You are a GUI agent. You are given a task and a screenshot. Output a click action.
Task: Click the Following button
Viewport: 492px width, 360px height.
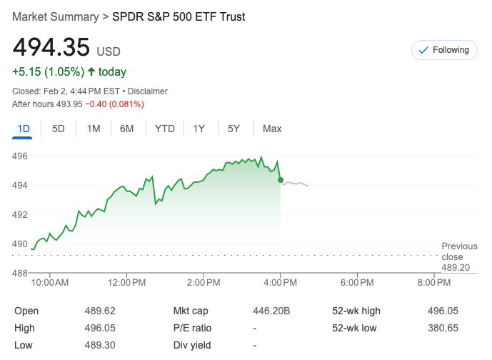click(x=443, y=50)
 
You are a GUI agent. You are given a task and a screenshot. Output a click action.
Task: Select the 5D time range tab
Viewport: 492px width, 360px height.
click(x=59, y=129)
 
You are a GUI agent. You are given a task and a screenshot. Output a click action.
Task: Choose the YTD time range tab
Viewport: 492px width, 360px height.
click(x=165, y=129)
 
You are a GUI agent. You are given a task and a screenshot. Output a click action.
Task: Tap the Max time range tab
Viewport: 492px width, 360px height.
click(x=272, y=129)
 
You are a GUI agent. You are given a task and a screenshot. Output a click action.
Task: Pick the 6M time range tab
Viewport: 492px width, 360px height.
click(x=127, y=129)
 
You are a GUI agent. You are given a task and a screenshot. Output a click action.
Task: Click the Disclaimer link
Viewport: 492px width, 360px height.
click(x=147, y=91)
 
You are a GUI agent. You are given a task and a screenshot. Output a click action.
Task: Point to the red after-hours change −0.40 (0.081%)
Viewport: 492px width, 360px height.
click(x=114, y=104)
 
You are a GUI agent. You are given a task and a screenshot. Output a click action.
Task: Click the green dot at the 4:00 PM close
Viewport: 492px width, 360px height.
click(x=281, y=180)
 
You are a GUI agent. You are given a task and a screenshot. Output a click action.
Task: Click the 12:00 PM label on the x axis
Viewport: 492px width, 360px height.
click(x=126, y=283)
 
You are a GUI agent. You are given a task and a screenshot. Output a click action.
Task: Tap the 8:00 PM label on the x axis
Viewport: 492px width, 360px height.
click(x=433, y=283)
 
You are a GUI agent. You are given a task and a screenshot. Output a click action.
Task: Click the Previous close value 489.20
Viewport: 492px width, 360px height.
click(x=455, y=268)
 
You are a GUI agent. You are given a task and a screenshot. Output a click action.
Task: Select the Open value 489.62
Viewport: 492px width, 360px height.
click(x=99, y=311)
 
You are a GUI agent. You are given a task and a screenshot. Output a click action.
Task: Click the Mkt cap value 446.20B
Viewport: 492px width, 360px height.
click(x=272, y=311)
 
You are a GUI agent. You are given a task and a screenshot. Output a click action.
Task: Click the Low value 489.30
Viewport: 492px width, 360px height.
click(x=99, y=345)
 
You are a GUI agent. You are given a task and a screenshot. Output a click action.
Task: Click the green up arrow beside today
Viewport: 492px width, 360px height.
click(x=91, y=71)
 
